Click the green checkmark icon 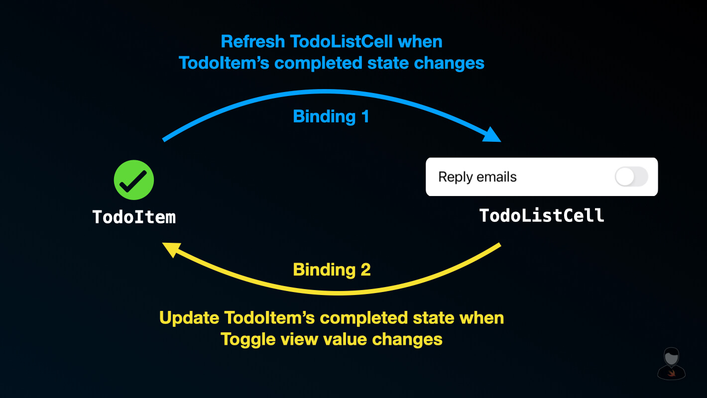[134, 180]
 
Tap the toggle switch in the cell [631, 177]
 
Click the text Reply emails [477, 177]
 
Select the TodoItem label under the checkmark [134, 217]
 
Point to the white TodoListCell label [542, 215]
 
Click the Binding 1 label [331, 116]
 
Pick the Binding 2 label [332, 270]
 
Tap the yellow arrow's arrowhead [171, 249]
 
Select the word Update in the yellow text [189, 317]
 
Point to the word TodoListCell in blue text [340, 41]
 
